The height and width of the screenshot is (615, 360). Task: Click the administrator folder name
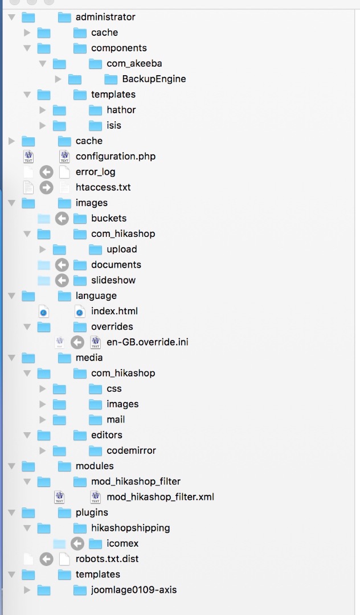[x=105, y=17]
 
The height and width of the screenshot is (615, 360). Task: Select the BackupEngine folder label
[x=154, y=79]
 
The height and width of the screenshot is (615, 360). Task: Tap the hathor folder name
[x=121, y=110]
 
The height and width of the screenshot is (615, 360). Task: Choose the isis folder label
[x=114, y=125]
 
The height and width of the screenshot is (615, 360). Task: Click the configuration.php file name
[x=116, y=156]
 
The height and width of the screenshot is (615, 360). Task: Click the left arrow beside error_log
[x=46, y=172]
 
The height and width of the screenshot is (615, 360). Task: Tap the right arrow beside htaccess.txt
[x=46, y=187]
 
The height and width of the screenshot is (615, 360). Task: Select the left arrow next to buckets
[x=62, y=218]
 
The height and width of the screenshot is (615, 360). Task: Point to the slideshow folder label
[x=113, y=280]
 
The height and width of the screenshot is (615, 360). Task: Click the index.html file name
[x=114, y=311]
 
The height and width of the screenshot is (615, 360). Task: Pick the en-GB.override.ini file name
[x=148, y=342]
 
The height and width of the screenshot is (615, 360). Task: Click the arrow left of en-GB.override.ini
[x=77, y=342]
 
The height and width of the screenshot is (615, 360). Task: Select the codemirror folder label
[x=131, y=450]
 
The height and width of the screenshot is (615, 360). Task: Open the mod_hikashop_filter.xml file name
[x=160, y=497]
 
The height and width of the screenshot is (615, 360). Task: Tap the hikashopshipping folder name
[x=130, y=528]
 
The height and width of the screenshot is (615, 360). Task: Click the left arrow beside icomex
[x=77, y=543]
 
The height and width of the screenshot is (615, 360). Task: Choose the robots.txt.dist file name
[x=107, y=559]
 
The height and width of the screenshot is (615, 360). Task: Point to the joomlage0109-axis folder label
[x=134, y=590]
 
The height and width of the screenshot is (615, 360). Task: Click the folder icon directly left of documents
[x=80, y=265]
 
